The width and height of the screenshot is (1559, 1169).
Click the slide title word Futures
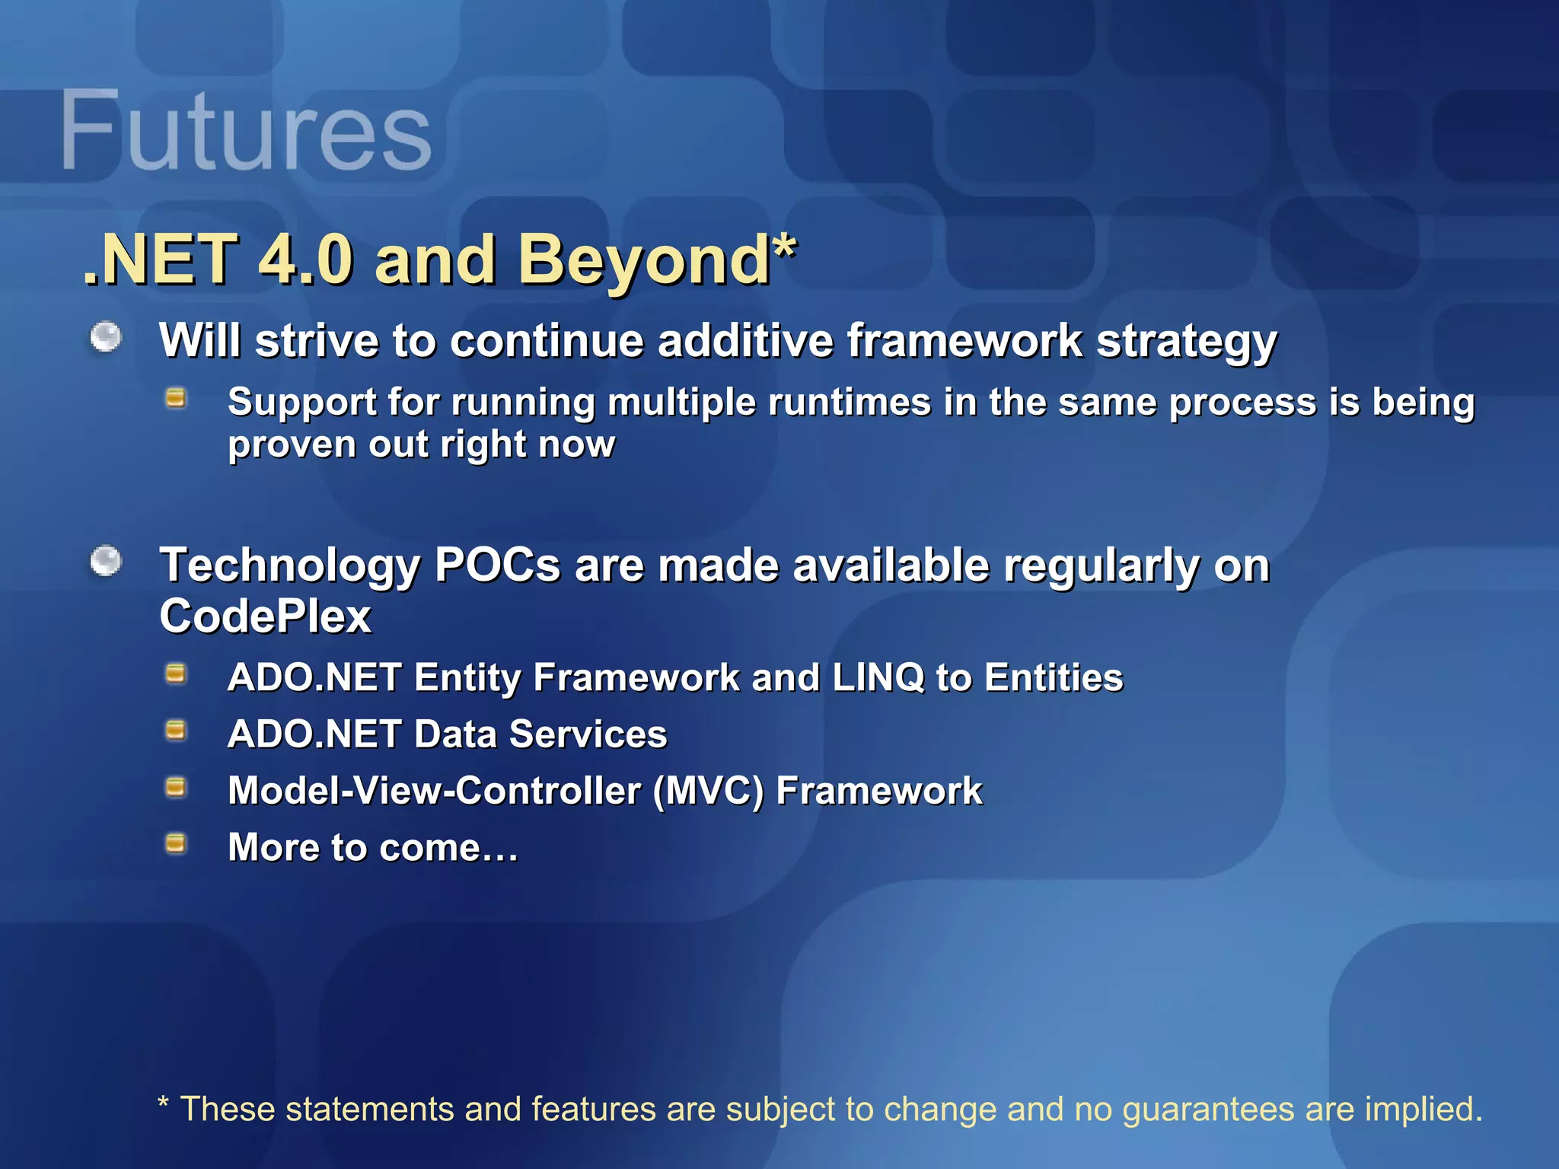[245, 131]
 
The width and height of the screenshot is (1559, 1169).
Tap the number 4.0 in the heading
[305, 260]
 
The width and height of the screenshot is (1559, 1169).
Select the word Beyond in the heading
[643, 260]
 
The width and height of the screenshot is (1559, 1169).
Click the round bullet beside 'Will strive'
[106, 337]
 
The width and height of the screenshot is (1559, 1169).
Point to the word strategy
[1186, 342]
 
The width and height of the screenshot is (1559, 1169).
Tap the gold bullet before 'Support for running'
[176, 398]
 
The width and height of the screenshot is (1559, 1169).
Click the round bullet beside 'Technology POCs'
[106, 562]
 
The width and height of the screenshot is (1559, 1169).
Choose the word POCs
[497, 565]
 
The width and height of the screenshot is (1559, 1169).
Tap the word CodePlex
[265, 616]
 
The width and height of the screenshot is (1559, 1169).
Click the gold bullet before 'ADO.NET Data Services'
[176, 731]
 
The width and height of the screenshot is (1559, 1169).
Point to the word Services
[588, 734]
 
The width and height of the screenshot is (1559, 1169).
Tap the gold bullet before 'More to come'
[176, 843]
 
